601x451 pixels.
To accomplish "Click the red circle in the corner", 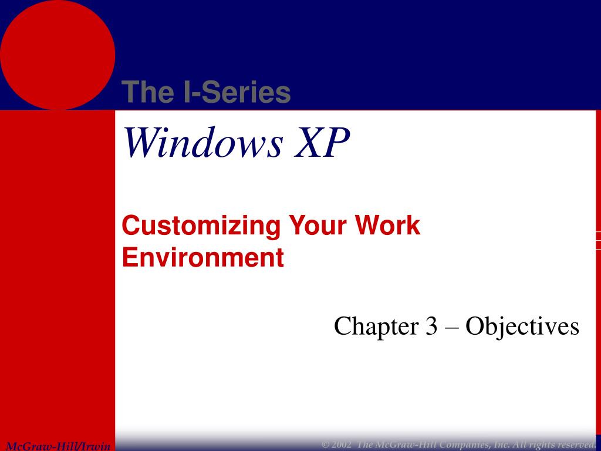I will [x=57, y=54].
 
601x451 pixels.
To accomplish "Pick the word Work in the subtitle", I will [x=390, y=226].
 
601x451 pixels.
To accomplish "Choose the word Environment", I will [x=203, y=258].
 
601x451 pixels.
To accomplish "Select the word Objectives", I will [x=522, y=327].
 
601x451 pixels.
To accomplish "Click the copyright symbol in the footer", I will [x=325, y=443].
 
